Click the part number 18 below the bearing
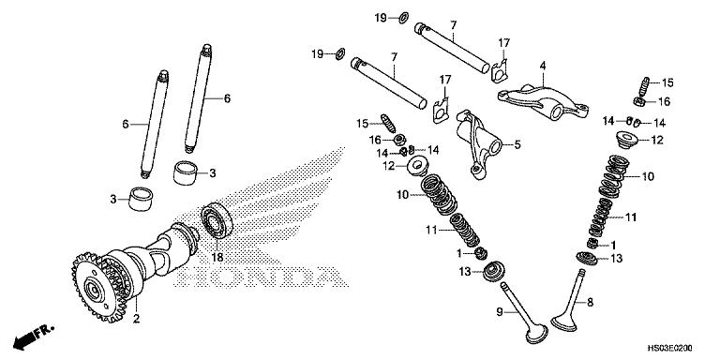[217, 257]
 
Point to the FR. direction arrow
[34, 336]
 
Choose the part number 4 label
[542, 65]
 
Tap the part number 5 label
[516, 144]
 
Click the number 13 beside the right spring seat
[616, 258]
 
